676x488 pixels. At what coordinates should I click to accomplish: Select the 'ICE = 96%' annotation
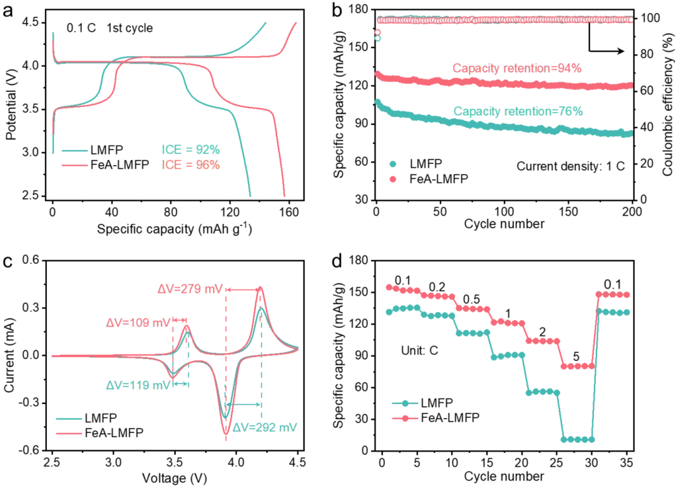pyautogui.click(x=190, y=165)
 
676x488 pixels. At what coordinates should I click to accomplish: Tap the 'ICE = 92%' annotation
pyautogui.click(x=190, y=150)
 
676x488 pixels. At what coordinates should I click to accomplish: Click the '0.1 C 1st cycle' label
pyautogui.click(x=110, y=28)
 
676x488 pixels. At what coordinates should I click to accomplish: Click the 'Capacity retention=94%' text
pyautogui.click(x=517, y=68)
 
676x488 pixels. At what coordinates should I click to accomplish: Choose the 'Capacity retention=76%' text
pyautogui.click(x=518, y=111)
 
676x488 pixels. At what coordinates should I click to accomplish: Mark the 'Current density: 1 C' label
pyautogui.click(x=570, y=166)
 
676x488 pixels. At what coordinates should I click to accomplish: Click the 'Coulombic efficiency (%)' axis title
pyautogui.click(x=668, y=104)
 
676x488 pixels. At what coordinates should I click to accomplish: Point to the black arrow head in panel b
pyautogui.click(x=620, y=51)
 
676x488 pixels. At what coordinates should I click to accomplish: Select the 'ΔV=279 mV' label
pyautogui.click(x=190, y=288)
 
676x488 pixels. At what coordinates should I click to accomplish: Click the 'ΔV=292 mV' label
pyautogui.click(x=265, y=427)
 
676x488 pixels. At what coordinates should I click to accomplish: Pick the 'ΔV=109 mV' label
pyautogui.click(x=138, y=322)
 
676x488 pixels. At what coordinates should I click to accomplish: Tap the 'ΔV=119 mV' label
pyautogui.click(x=138, y=385)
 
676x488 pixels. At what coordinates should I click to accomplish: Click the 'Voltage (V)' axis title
pyautogui.click(x=174, y=477)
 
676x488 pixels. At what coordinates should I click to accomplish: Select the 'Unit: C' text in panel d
pyautogui.click(x=419, y=350)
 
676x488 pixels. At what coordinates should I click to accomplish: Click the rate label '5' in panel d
pyautogui.click(x=576, y=357)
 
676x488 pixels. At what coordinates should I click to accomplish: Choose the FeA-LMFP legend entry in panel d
pyautogui.click(x=436, y=417)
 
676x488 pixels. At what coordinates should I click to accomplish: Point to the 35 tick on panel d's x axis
pyautogui.click(x=626, y=463)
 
